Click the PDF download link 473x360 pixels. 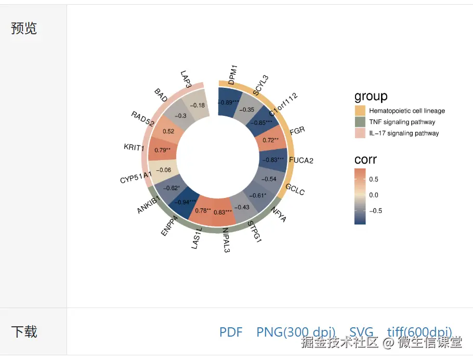[231, 332]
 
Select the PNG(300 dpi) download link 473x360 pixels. [296, 332]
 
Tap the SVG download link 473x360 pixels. [361, 332]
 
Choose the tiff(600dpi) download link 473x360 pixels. [419, 332]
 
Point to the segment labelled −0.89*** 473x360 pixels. [228, 102]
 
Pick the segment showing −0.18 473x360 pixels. [198, 106]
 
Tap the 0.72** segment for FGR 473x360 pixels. [271, 140]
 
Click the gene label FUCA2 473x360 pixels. [301, 160]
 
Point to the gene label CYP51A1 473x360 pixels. [136, 177]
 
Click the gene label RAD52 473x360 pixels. [142, 119]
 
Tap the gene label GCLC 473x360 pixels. [295, 189]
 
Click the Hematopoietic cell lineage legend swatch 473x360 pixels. [360, 111]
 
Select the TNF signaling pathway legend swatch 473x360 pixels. [360, 122]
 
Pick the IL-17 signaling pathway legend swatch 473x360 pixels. [360, 133]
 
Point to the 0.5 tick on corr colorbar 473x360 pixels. [374, 179]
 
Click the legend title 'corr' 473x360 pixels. [365, 159]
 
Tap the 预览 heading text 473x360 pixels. [24, 29]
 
